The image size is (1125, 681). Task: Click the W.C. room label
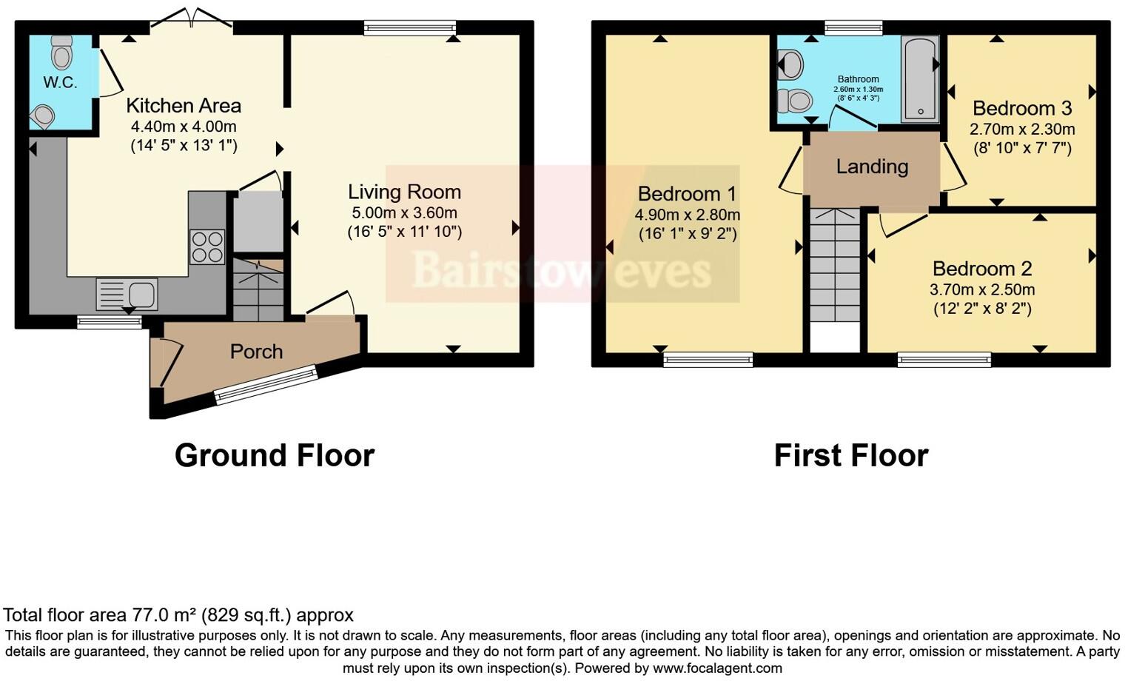click(60, 82)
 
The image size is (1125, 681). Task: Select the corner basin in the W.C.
click(43, 116)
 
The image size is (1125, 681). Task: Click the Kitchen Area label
click(184, 106)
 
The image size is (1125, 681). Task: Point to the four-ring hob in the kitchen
click(207, 247)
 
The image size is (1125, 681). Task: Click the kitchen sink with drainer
click(127, 294)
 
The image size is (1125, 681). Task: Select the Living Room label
click(404, 192)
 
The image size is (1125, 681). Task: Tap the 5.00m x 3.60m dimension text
click(404, 213)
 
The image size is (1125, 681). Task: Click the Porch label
click(256, 352)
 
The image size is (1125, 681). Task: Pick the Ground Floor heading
click(275, 455)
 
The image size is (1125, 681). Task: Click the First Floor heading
click(850, 455)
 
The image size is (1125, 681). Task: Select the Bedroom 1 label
click(687, 194)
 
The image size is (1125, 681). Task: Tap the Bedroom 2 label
click(982, 269)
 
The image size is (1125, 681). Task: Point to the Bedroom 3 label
click(1022, 109)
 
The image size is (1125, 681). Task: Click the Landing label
click(872, 167)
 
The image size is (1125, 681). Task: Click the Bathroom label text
click(858, 79)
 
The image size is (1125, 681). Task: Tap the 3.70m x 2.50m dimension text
click(982, 289)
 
